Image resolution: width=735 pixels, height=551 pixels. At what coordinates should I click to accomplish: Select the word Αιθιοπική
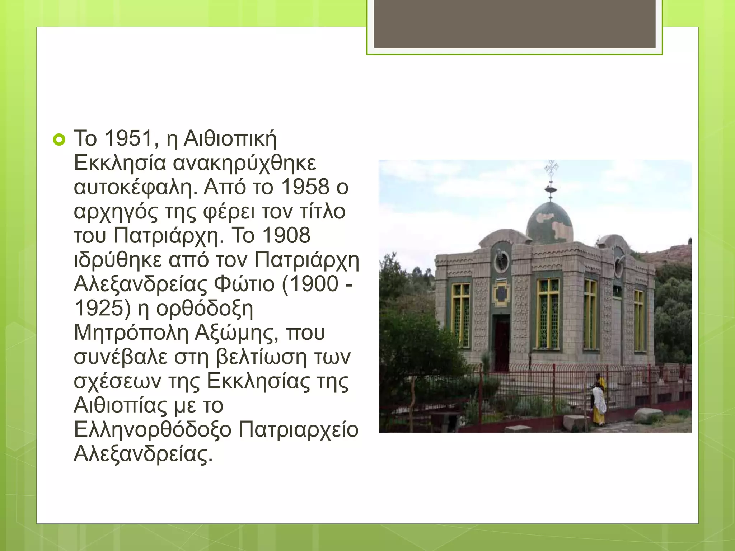pos(230,138)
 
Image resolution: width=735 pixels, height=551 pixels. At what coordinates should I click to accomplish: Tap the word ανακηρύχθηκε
pos(245,163)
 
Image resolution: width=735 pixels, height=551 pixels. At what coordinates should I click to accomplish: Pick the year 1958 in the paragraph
pos(305,187)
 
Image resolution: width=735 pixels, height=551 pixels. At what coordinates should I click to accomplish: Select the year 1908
pos(286,236)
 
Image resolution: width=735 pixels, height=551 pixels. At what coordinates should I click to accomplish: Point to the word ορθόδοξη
pos(205,309)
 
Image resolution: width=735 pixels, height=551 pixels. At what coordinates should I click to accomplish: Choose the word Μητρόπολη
pos(131,333)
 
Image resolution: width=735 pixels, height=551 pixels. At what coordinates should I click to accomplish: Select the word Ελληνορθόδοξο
pos(153,430)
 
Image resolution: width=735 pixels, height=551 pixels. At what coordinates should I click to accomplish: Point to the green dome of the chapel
pos(549,222)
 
